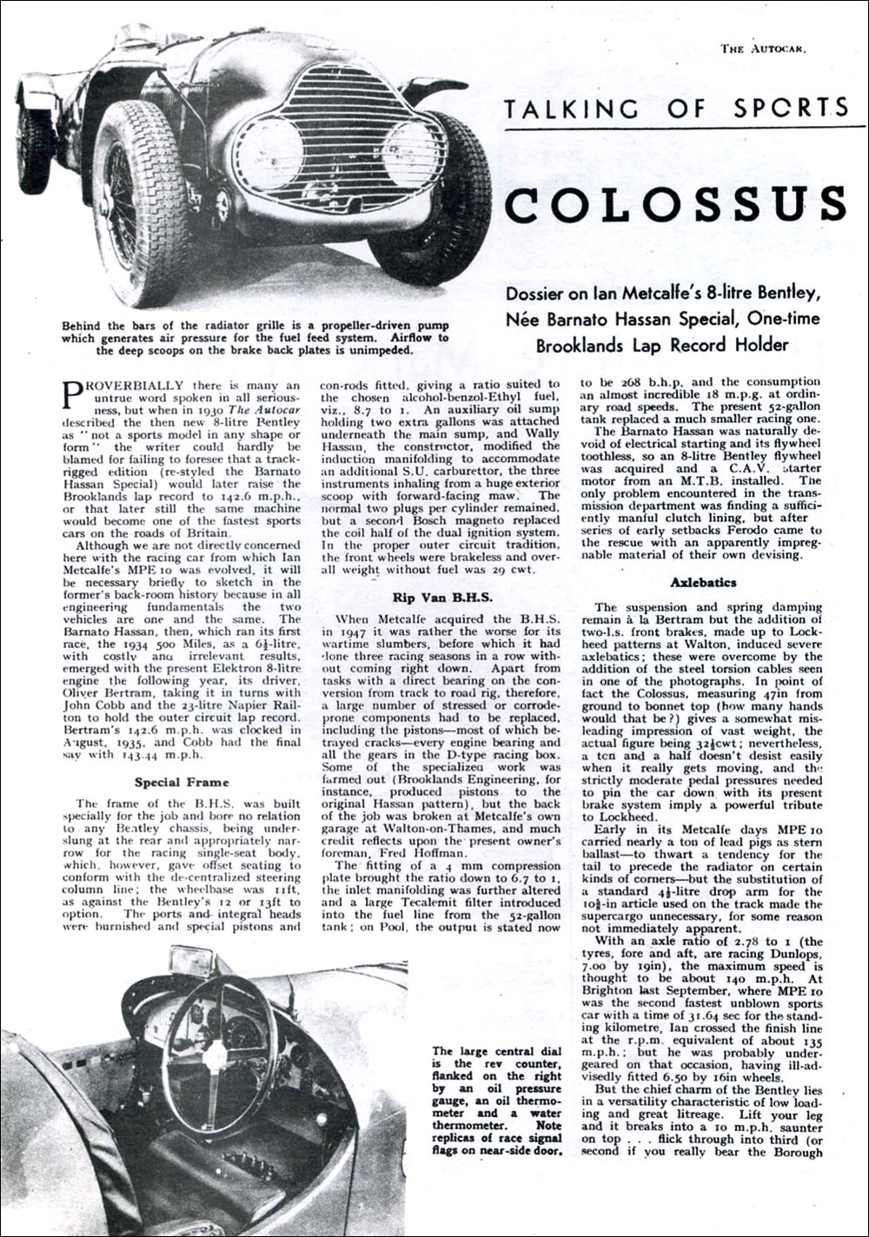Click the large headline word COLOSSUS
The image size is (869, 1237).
675,202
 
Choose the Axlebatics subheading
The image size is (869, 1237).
703,581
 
